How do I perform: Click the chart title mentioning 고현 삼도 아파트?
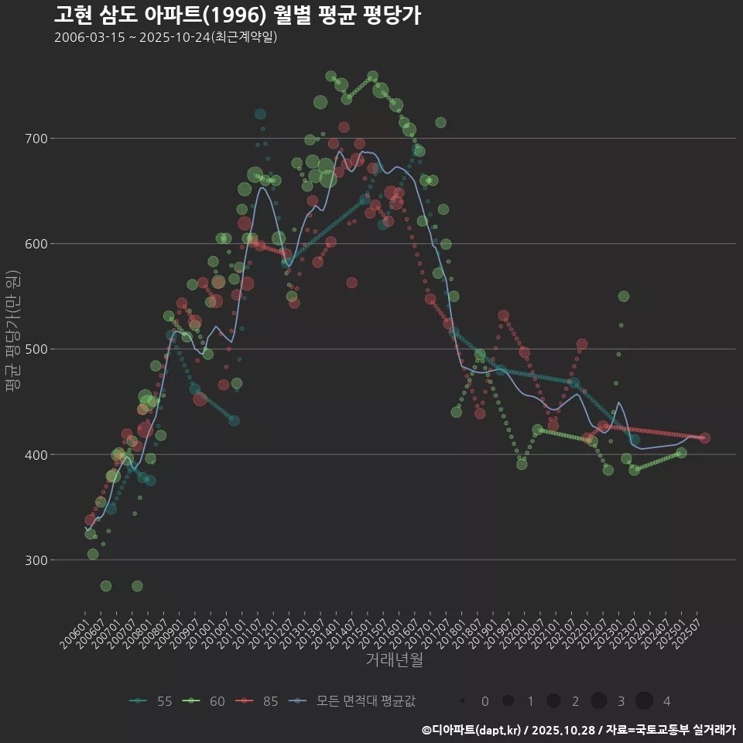point(237,15)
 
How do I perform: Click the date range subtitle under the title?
point(166,37)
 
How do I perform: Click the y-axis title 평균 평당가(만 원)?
point(12,333)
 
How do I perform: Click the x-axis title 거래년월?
point(394,660)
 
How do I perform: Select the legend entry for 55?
point(151,701)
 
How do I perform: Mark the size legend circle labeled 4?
point(645,701)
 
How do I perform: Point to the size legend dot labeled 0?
point(462,701)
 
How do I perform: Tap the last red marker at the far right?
point(704,438)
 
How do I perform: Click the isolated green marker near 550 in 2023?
point(624,296)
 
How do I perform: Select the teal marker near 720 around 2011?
point(260,115)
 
